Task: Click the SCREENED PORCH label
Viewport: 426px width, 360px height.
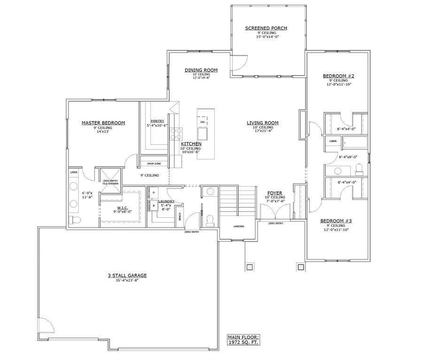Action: [x=266, y=28]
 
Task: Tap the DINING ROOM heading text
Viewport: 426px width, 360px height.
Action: [x=201, y=70]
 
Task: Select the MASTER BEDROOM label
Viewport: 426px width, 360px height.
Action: [x=103, y=123]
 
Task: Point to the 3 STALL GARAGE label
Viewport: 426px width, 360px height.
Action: [x=127, y=276]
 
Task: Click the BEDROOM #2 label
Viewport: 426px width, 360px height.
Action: [x=338, y=76]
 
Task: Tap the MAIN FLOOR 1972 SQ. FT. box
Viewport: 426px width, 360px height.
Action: [x=243, y=340]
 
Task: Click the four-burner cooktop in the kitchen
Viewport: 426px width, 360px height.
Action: [x=176, y=133]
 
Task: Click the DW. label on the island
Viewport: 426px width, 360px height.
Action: [x=203, y=122]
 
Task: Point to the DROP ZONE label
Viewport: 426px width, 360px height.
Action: [x=154, y=164]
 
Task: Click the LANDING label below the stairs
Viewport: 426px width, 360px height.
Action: [x=239, y=226]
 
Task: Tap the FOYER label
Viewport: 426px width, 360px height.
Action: [x=275, y=193]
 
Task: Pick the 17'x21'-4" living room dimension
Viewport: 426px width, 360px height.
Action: [x=263, y=131]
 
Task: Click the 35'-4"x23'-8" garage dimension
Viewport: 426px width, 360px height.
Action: [x=127, y=280]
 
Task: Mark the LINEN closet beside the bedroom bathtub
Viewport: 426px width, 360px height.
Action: [x=333, y=141]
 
